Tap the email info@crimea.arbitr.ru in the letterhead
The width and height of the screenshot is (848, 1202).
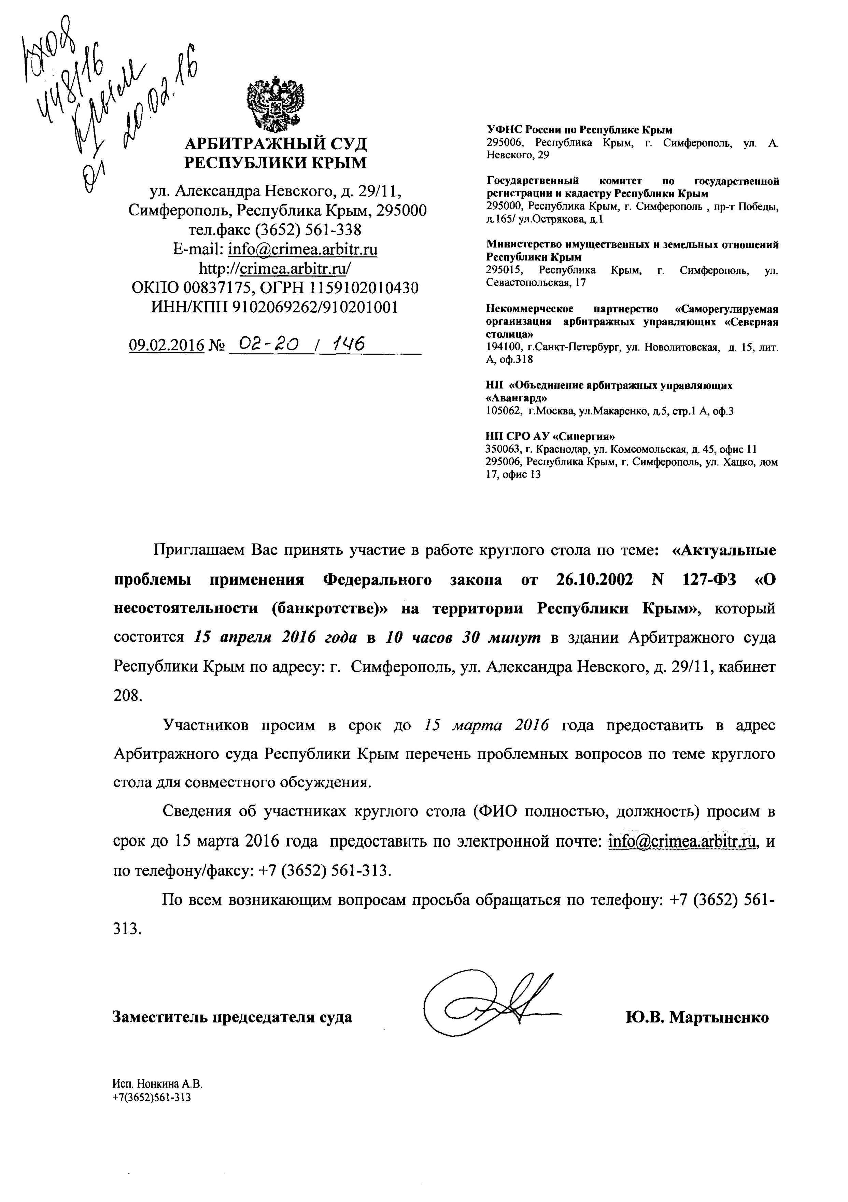click(x=302, y=249)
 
